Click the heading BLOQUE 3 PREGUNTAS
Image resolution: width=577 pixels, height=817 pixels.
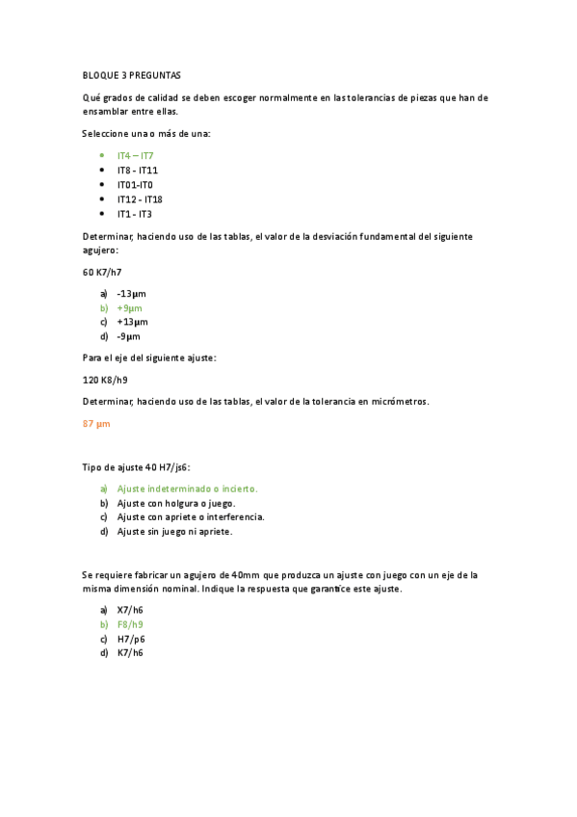click(131, 75)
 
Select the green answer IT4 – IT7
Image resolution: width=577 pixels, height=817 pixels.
click(135, 155)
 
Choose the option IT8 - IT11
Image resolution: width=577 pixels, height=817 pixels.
click(137, 170)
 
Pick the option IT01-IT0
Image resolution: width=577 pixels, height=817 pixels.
click(135, 184)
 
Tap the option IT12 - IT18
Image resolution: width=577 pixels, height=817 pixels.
click(140, 199)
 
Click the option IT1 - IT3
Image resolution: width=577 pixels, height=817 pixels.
click(134, 214)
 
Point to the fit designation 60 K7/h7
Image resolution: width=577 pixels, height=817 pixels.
click(102, 273)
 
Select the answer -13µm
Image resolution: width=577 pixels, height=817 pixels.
click(131, 293)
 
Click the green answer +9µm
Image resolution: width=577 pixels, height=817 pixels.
click(129, 308)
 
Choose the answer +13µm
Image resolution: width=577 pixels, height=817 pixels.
click(132, 322)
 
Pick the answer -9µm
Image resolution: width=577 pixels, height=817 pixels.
click(128, 337)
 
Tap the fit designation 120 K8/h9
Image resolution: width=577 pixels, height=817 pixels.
click(105, 380)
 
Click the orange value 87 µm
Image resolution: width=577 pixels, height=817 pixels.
click(96, 423)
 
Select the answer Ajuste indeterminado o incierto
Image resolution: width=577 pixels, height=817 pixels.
click(187, 488)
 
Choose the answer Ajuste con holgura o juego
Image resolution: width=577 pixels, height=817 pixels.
click(176, 503)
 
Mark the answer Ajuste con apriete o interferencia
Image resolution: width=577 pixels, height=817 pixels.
click(191, 516)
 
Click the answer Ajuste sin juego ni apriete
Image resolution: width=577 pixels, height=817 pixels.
click(174, 531)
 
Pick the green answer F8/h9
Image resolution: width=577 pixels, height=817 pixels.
click(130, 624)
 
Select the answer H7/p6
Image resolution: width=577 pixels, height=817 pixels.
click(130, 639)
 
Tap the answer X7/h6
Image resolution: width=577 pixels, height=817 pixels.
click(130, 610)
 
